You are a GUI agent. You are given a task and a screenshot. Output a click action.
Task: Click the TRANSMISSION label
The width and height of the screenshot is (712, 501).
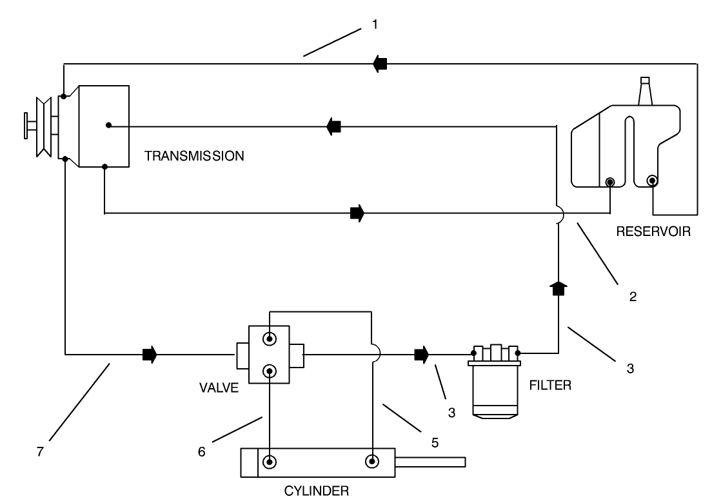194,155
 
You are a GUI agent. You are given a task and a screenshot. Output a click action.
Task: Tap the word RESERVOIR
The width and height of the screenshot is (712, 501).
653,232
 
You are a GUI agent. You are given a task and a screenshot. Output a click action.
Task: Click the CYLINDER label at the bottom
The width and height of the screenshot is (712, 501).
317,491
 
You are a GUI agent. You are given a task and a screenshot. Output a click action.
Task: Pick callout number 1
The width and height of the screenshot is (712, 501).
375,25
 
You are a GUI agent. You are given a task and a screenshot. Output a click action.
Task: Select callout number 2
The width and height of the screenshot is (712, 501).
633,297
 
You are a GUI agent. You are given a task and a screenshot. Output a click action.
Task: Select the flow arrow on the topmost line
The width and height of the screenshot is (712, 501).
380,63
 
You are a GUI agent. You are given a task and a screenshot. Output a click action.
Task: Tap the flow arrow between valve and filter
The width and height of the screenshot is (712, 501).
422,354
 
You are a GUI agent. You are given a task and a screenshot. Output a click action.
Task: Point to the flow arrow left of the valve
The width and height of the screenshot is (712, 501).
149,354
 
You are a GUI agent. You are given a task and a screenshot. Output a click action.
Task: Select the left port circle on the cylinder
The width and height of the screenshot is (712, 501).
270,461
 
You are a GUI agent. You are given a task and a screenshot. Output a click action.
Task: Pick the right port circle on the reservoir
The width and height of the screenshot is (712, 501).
653,181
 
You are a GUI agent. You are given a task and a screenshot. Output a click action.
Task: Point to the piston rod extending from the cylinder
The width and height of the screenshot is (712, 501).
430,461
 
